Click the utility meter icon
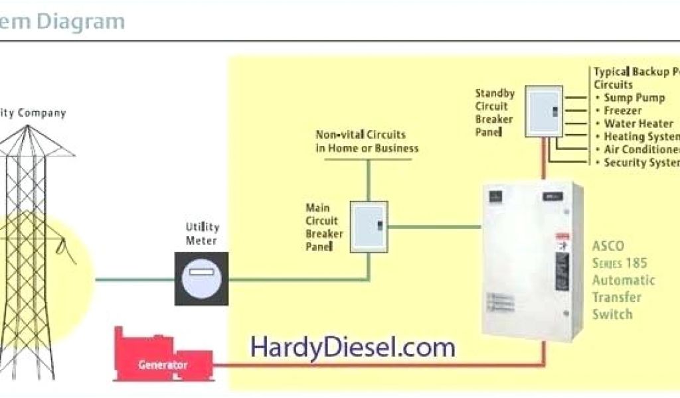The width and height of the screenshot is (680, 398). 201,279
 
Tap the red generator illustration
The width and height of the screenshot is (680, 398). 163,355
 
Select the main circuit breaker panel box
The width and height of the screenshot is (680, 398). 369,226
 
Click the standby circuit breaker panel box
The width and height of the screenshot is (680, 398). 544,111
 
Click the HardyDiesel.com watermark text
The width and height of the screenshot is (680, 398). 353,348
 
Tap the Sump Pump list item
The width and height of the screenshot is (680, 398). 634,98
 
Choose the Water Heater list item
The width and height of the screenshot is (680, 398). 638,123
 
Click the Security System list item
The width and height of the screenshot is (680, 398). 641,163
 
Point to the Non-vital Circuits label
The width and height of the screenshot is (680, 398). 367,141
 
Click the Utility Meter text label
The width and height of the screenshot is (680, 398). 201,233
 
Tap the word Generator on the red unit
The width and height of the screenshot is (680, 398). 163,365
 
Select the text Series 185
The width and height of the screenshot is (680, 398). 620,263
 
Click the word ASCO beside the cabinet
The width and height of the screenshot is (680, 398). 608,246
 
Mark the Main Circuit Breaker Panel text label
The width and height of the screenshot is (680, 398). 324,227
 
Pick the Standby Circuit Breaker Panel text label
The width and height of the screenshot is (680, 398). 494,112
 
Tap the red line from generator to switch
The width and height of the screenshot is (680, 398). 372,364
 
